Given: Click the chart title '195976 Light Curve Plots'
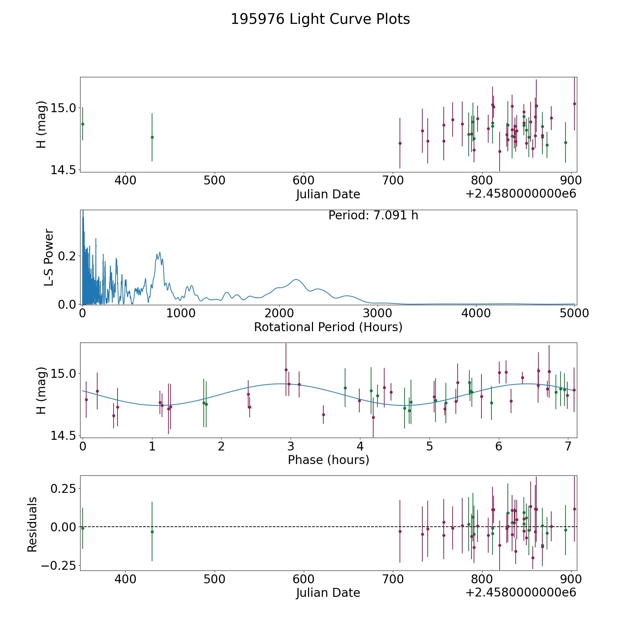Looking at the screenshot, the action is point(320,19).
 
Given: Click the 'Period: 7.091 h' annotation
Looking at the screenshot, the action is point(373,215).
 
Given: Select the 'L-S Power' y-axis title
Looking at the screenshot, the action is point(49,257).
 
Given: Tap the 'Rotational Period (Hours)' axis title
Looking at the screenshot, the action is point(328,327).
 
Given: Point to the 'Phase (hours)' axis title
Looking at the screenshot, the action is point(328,460).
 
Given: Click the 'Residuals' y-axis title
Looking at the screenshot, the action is point(32,524).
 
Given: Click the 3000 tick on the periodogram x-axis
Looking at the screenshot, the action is point(377,313).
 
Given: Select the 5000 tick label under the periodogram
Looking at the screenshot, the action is point(574,313).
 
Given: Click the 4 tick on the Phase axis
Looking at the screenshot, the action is point(360,445).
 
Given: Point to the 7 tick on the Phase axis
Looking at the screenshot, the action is point(568,445).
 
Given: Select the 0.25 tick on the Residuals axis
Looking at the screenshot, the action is point(64,488).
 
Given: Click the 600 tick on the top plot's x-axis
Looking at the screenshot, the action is point(303,180).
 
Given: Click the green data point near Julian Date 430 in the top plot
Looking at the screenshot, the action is point(152,137).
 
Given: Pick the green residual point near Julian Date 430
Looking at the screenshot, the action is point(152,532).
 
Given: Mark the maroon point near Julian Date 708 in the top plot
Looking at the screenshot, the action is point(400,143).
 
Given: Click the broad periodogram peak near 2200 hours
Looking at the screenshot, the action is point(296,280).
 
